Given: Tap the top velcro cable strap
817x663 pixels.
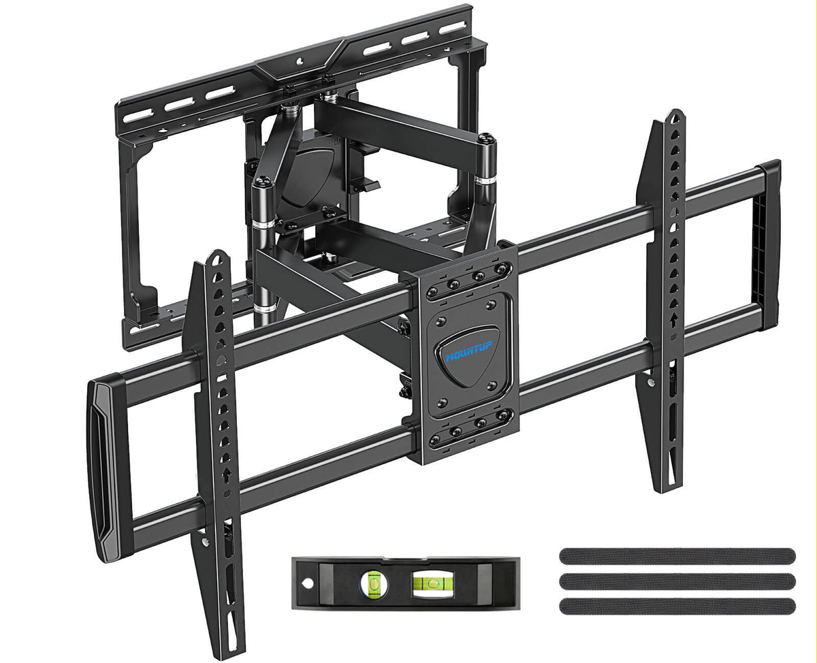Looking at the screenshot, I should (677, 555).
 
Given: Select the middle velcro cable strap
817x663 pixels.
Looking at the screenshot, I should (677, 580).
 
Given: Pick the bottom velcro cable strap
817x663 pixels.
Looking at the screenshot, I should (677, 604).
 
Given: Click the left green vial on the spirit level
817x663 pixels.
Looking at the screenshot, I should (374, 582).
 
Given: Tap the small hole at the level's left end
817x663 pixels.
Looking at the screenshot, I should (308, 583).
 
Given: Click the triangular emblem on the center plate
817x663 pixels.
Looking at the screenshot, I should (468, 357).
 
